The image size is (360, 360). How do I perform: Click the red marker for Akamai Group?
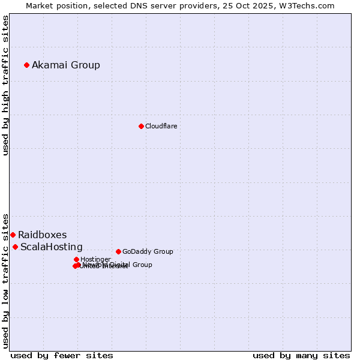27,65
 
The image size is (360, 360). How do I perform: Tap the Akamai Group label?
66,65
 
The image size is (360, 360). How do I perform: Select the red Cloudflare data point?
141,126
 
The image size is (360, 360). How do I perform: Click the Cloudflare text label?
161,126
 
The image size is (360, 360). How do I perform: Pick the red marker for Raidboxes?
13,235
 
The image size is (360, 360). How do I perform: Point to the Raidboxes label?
42,235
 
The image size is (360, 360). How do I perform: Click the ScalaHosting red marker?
15,247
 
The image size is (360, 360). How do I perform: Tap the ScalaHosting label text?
52,247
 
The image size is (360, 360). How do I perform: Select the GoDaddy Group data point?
118,251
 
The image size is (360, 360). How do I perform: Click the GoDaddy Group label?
148,251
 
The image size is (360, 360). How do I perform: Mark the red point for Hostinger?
76,259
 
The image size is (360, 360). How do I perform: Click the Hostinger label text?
95,259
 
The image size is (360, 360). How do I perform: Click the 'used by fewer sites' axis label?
62,355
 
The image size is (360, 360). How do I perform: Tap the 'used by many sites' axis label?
301,355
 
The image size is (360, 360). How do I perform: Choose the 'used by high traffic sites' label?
5,85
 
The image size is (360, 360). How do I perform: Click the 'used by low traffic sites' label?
5,281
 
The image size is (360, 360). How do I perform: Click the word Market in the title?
40,5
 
